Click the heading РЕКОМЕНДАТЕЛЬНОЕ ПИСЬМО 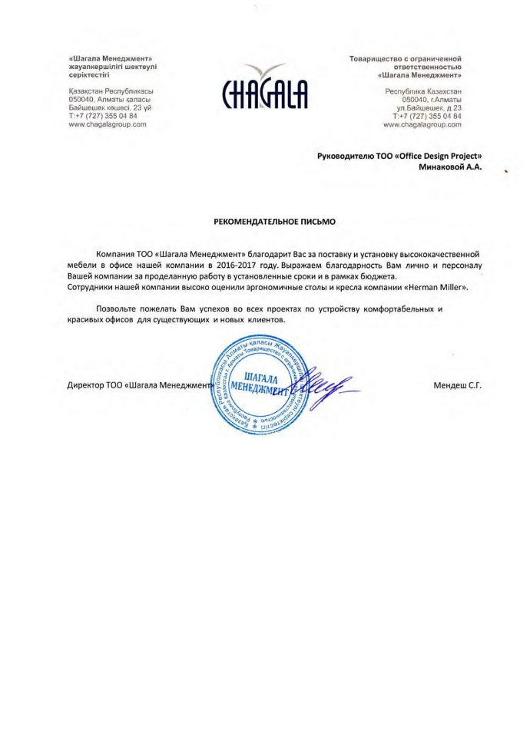pyautogui.click(x=264, y=220)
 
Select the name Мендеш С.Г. pyautogui.click(x=458, y=384)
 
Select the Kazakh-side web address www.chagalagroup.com pyautogui.click(x=107, y=124)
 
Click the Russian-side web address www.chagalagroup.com pyautogui.click(x=422, y=124)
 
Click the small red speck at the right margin pyautogui.click(x=506, y=172)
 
